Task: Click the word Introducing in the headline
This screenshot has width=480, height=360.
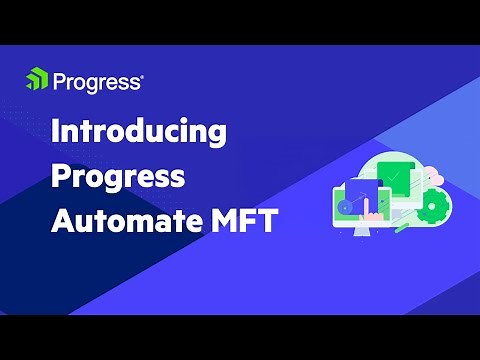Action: click(x=138, y=133)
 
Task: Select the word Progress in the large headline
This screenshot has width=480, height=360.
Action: click(x=118, y=176)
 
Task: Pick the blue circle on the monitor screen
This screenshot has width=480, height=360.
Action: click(x=346, y=206)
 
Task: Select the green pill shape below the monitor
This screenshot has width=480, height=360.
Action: click(x=401, y=227)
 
